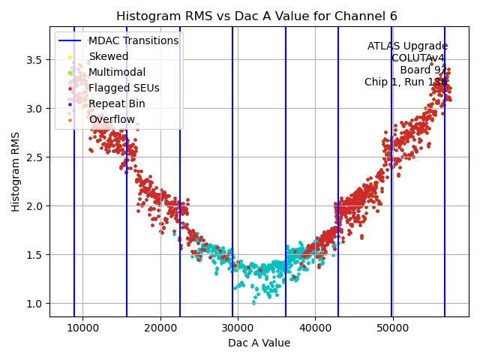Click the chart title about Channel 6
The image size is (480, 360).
pyautogui.click(x=257, y=16)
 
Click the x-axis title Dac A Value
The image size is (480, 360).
pyautogui.click(x=259, y=343)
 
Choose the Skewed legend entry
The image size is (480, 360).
pyautogui.click(x=109, y=56)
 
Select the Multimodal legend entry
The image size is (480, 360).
pyautogui.click(x=116, y=72)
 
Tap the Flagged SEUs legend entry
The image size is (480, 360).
pyautogui.click(x=124, y=88)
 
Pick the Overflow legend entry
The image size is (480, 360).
pyautogui.click(x=112, y=119)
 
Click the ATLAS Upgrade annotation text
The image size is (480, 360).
pyautogui.click(x=407, y=46)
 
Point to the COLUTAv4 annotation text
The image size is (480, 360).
pyautogui.click(x=419, y=58)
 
